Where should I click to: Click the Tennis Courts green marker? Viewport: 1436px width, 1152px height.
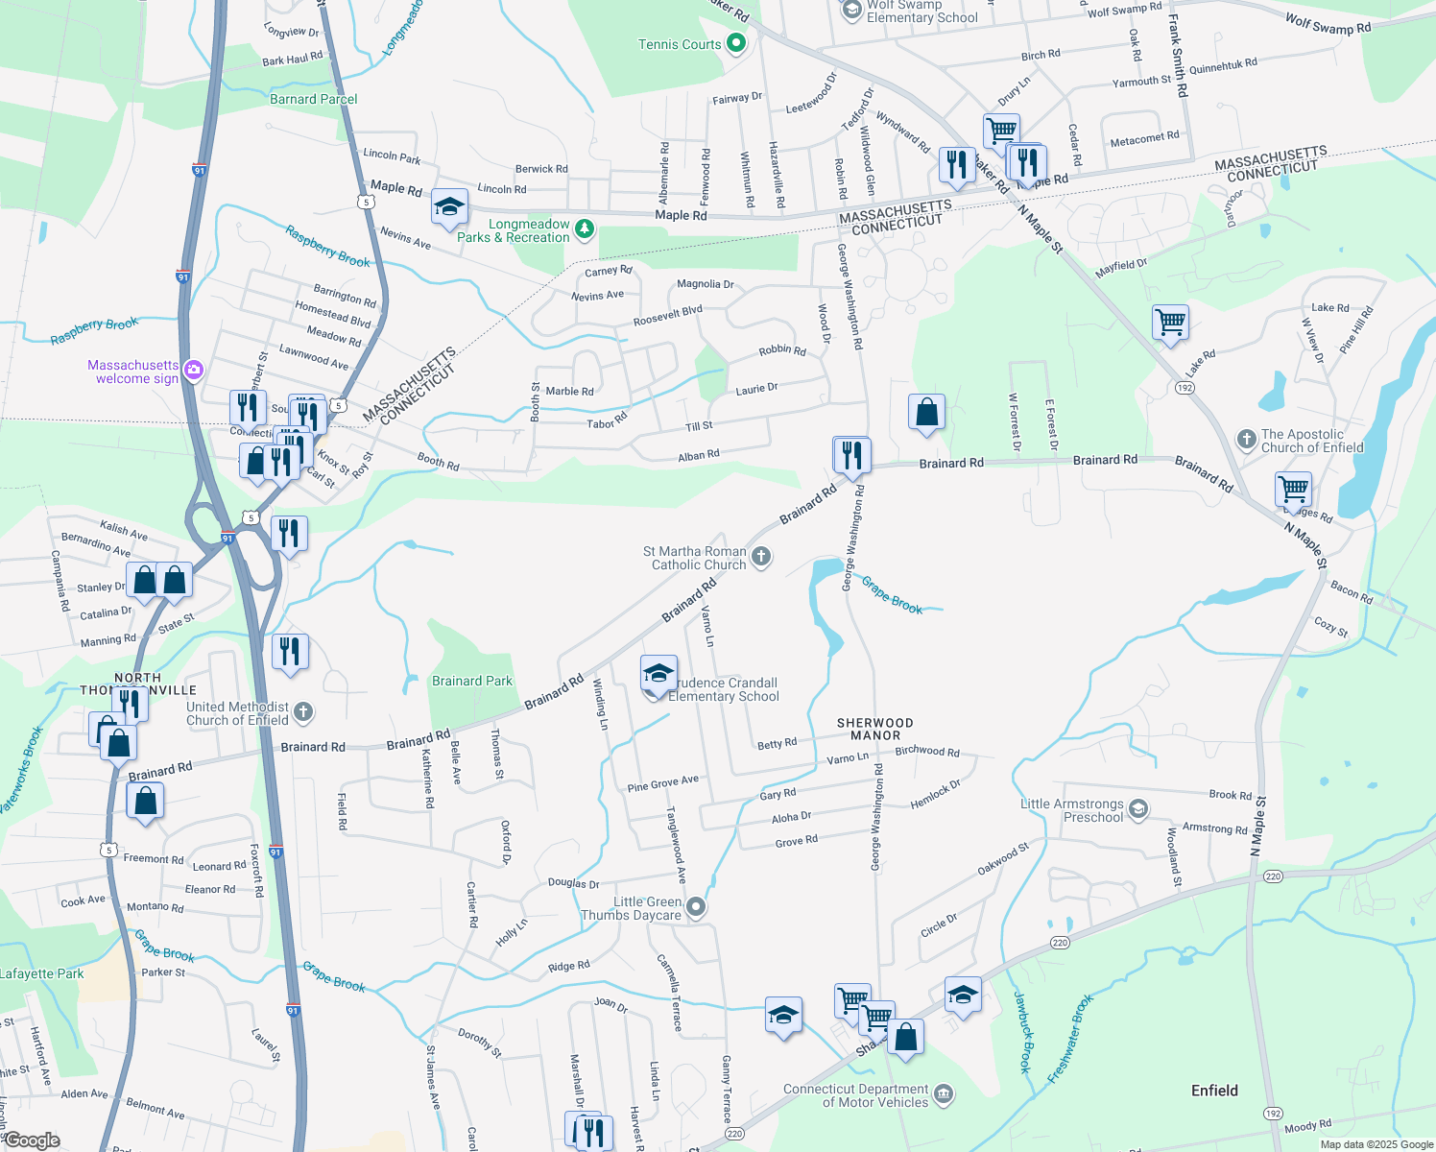[x=736, y=43]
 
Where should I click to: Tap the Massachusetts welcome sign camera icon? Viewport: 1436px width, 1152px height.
[x=193, y=371]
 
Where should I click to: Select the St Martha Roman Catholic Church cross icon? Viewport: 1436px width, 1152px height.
[x=761, y=557]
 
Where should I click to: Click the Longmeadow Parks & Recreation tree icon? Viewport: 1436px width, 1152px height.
[x=584, y=229]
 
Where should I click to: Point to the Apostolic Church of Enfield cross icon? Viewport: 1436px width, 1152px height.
[x=1246, y=440]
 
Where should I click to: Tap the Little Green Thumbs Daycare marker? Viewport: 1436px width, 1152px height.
[x=697, y=906]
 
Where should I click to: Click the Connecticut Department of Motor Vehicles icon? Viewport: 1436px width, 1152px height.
[x=944, y=1094]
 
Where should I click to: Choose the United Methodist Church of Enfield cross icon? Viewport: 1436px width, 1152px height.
[x=303, y=712]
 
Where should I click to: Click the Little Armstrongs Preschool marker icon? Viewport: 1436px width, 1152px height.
[x=1137, y=808]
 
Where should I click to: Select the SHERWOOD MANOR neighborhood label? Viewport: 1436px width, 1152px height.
[x=875, y=729]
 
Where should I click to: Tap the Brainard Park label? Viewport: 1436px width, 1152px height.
[x=472, y=681]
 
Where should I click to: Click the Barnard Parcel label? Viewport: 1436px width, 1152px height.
[x=313, y=99]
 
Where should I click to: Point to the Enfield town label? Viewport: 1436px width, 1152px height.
[x=1214, y=1091]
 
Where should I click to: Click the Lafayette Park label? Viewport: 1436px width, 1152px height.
[x=42, y=973]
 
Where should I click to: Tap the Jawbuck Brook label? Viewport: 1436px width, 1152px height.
[x=1022, y=1032]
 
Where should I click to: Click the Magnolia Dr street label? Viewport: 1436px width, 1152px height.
[x=705, y=284]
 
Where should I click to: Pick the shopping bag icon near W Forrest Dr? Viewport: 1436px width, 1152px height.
[x=926, y=413]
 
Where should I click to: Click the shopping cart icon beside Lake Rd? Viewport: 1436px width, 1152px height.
[x=1170, y=324]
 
